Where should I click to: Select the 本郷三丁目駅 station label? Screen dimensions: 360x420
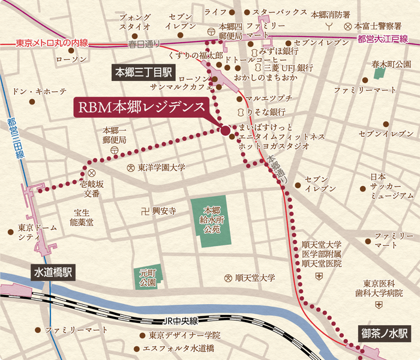coord(144,73)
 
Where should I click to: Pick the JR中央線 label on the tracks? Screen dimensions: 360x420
coord(179,322)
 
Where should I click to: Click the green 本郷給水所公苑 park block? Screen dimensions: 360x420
coord(211,220)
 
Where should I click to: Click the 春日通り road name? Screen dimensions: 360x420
coord(145,44)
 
